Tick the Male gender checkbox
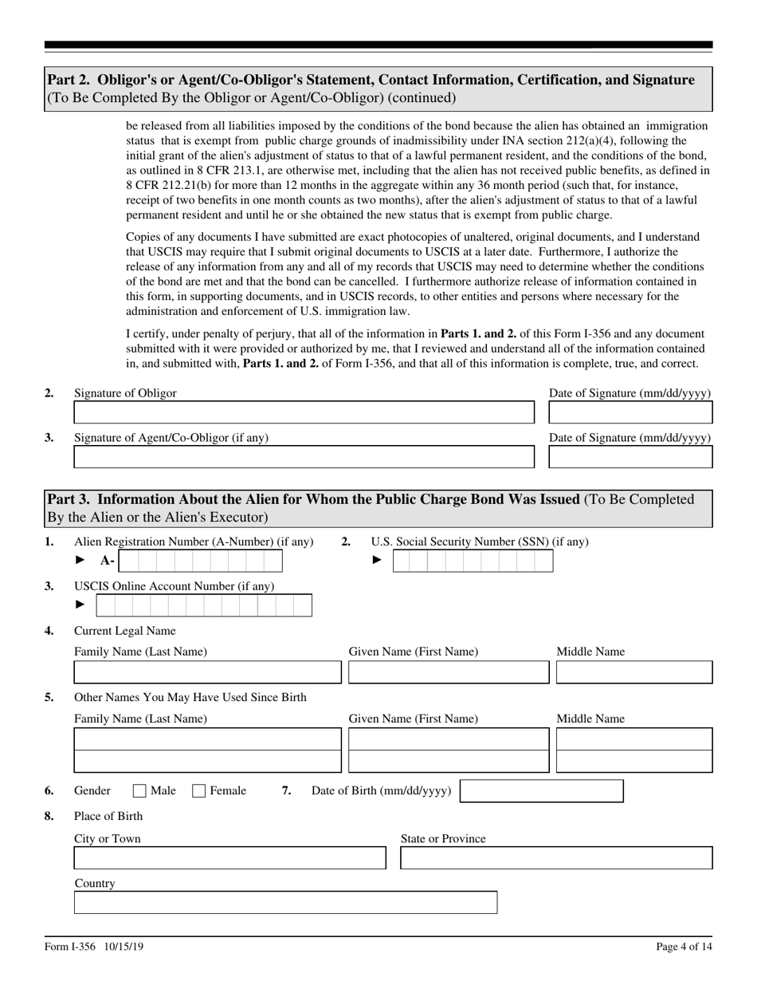point(139,791)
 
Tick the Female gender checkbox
point(199,791)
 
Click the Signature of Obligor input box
point(304,412)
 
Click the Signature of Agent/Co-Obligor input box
point(304,457)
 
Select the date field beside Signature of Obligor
point(630,412)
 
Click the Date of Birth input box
point(542,791)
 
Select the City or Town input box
point(229,858)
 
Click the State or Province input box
point(555,858)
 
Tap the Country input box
point(285,903)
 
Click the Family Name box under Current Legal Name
point(207,672)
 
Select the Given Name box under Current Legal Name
point(449,672)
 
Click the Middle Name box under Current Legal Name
point(633,672)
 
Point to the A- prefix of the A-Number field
point(107,561)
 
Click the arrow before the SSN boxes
point(377,561)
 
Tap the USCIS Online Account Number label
point(174,586)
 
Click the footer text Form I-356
point(70,947)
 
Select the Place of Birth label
point(108,816)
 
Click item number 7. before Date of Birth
point(286,791)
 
